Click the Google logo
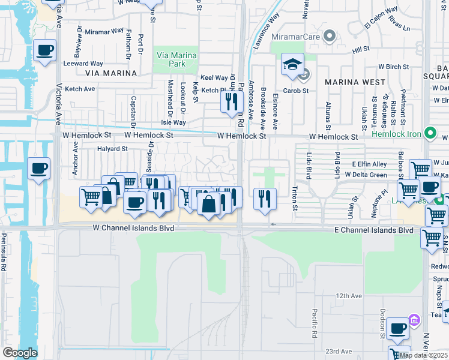tap(19, 353)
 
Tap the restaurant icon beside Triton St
tap(265, 197)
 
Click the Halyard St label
tap(113, 148)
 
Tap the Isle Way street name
tap(173, 122)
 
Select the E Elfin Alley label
tap(370, 163)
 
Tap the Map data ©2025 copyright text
tap(423, 355)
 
